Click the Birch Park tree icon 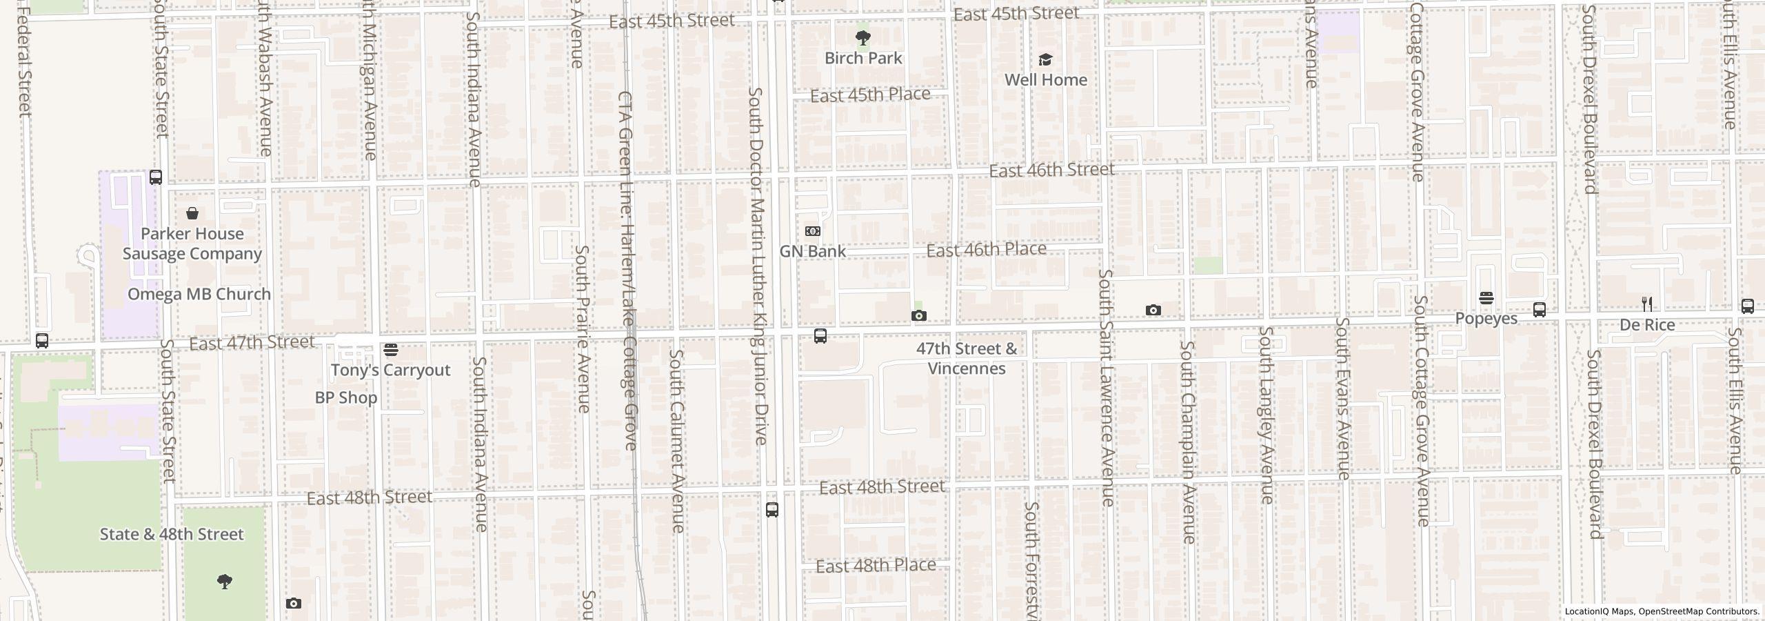(x=863, y=37)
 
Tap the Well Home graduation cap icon (x=1045, y=60)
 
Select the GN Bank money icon (x=813, y=231)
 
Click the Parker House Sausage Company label (x=192, y=244)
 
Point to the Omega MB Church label (x=199, y=294)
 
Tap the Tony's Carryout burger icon (x=391, y=350)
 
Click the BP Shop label (x=346, y=397)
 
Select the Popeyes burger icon (x=1486, y=298)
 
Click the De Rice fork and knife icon (x=1647, y=304)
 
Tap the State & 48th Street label (x=172, y=534)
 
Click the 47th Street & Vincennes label (x=967, y=358)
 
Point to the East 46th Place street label (x=986, y=249)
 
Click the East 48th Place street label (x=876, y=566)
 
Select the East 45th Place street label (x=870, y=95)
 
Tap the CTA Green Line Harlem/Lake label (x=627, y=269)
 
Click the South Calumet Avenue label (x=677, y=442)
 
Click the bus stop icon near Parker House (x=156, y=177)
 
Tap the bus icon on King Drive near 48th (x=772, y=510)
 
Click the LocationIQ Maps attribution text (x=1662, y=611)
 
